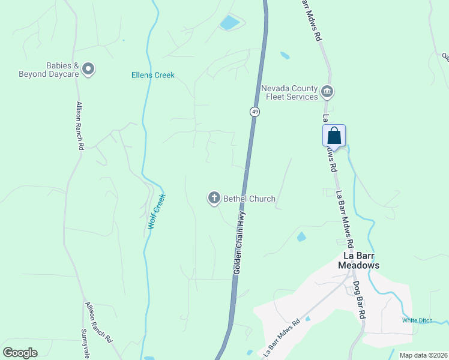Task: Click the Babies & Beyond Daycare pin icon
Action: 88,70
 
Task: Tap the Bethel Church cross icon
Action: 214,198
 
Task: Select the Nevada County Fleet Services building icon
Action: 327,92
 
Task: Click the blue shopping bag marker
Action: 334,136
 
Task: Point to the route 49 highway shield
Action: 255,112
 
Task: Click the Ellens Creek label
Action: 153,75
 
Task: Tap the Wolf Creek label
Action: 157,212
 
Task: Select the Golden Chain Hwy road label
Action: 240,246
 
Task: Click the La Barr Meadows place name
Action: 359,260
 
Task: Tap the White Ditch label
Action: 417,320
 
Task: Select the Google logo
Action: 20,353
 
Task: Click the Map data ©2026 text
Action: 423,355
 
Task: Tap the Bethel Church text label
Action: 249,199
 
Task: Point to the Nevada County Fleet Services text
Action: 289,92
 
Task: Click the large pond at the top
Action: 230,23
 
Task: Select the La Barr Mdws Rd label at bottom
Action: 281,339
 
